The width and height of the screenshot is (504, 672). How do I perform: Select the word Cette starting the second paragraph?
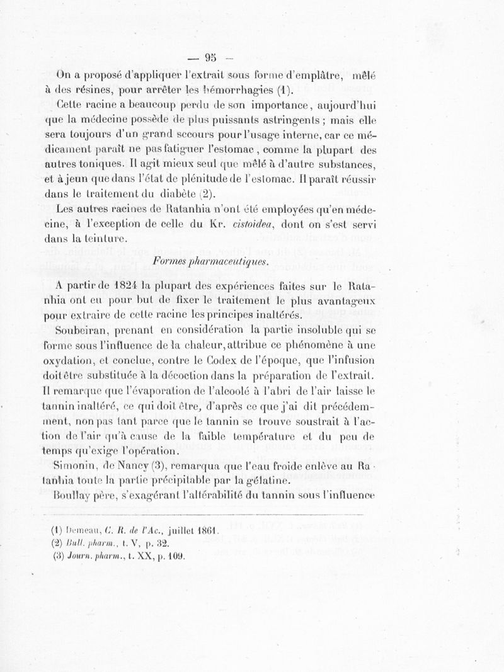point(71,103)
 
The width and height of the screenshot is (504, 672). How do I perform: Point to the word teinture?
point(106,239)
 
